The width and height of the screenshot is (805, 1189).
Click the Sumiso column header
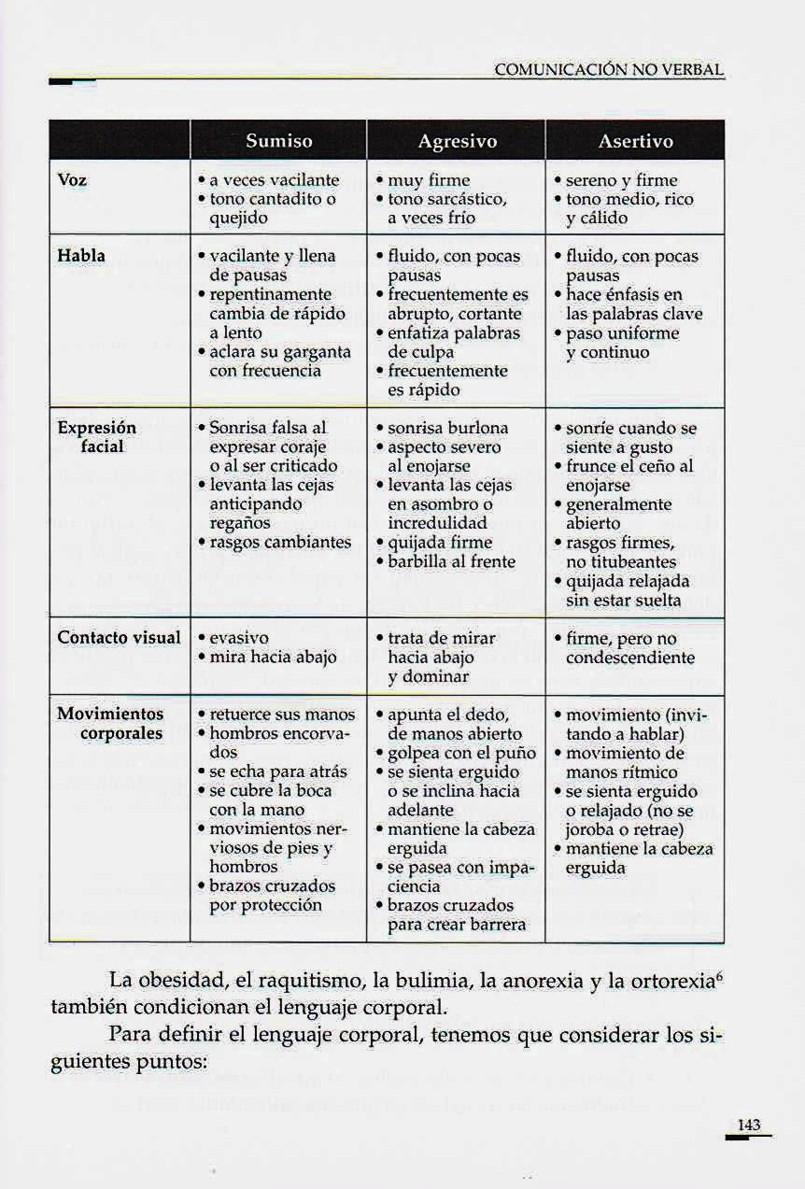278,142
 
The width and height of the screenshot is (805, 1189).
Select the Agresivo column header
457,142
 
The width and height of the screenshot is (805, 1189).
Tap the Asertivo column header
635,142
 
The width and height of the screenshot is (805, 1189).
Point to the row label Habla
81,256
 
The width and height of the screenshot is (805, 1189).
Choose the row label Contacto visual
119,638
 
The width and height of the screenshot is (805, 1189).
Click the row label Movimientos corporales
110,724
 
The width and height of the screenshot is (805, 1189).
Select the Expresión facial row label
97,437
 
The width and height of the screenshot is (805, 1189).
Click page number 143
749,1125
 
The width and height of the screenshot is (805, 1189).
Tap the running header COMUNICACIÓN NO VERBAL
609,70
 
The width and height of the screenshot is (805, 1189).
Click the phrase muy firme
429,179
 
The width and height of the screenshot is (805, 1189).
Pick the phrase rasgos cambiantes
280,543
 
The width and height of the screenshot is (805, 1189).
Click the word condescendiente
630,658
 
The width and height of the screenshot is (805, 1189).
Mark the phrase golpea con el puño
461,753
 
